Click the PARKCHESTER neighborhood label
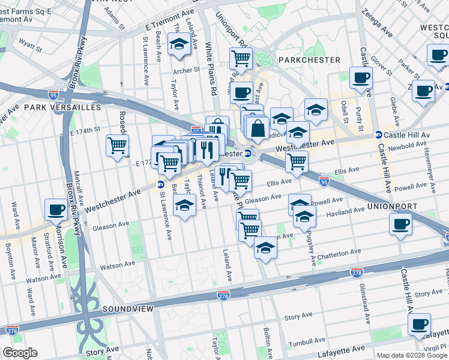[x=309, y=60]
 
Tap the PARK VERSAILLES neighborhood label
[x=62, y=107]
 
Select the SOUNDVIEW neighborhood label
[x=128, y=308]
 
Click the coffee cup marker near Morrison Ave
[x=56, y=209]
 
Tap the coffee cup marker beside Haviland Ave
[x=400, y=224]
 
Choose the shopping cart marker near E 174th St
[x=117, y=145]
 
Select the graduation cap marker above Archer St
[x=178, y=44]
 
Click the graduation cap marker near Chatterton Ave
[x=265, y=247]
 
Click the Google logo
[x=20, y=353]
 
